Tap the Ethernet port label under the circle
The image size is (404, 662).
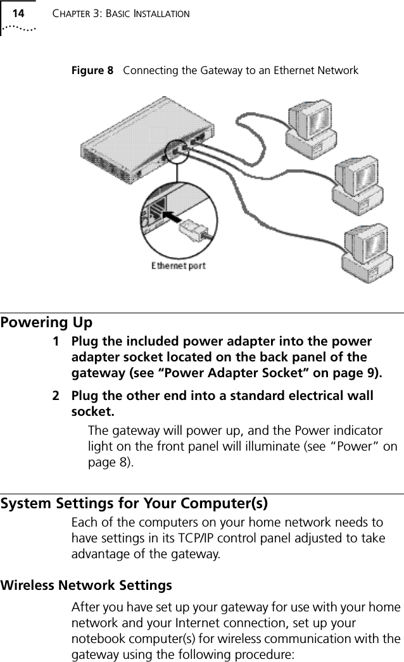tap(178, 265)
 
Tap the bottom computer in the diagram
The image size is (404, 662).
tap(367, 251)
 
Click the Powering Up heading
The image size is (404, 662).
tap(46, 323)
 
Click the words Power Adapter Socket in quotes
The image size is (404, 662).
tap(230, 373)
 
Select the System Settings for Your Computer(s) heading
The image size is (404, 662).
tap(134, 504)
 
